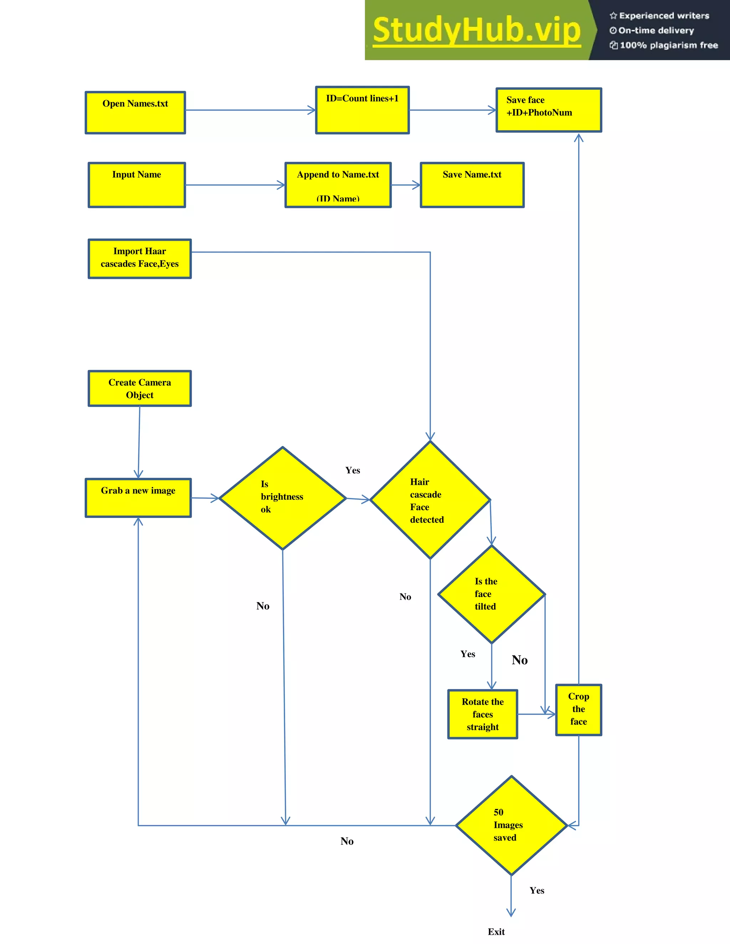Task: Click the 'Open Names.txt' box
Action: (x=135, y=112)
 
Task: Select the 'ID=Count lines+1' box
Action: (x=363, y=110)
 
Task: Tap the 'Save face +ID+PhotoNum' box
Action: (x=548, y=110)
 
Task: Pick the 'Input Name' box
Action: (x=137, y=185)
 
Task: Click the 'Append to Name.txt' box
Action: (x=338, y=185)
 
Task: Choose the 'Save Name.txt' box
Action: (x=472, y=185)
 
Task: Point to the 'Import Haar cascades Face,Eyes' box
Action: (x=140, y=259)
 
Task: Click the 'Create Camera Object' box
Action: (x=140, y=388)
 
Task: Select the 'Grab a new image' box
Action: (x=138, y=498)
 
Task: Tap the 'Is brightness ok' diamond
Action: (x=282, y=498)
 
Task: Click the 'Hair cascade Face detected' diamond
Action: (x=430, y=500)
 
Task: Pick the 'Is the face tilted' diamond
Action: (x=491, y=594)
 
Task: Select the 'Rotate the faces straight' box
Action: (x=483, y=714)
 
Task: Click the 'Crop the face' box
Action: (x=578, y=709)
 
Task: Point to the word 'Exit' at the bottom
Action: (x=496, y=932)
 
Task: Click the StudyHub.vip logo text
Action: (x=477, y=30)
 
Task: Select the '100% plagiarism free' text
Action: (x=669, y=45)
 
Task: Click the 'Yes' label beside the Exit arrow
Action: (x=537, y=891)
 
